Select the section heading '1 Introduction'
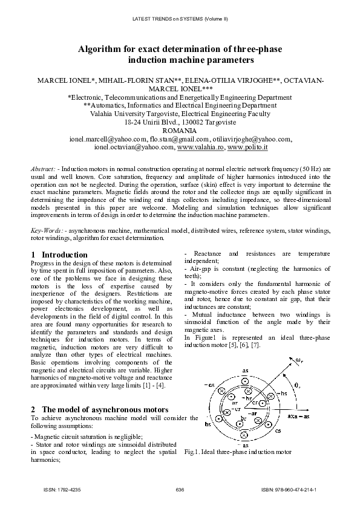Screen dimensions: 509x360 [59, 254]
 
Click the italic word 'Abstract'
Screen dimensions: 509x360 [44, 167]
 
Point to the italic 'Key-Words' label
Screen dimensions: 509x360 [46, 231]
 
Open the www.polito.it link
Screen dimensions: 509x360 [247, 146]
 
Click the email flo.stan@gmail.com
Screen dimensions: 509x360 [178, 138]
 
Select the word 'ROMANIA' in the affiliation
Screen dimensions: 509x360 [180, 131]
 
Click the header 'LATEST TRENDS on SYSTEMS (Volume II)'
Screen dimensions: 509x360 [180, 19]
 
